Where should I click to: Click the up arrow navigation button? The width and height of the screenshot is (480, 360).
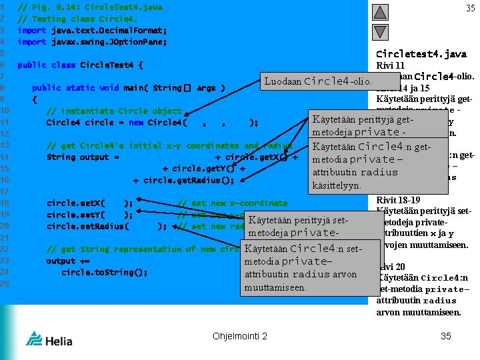point(379,11)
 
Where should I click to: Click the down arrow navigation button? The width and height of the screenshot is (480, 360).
point(379,31)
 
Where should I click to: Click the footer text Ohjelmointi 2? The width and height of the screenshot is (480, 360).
point(240,336)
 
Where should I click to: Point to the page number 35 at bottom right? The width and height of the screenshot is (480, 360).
point(446,336)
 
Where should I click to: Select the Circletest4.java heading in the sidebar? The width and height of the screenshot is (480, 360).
point(421,54)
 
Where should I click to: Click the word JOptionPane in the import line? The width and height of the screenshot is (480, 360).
point(143,42)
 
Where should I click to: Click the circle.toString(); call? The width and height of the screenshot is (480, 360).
point(104,272)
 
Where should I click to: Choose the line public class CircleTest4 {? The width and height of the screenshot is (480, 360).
point(80,65)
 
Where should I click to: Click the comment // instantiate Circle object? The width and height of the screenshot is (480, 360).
point(113,111)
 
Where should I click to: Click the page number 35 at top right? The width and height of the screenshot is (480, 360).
point(470,9)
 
